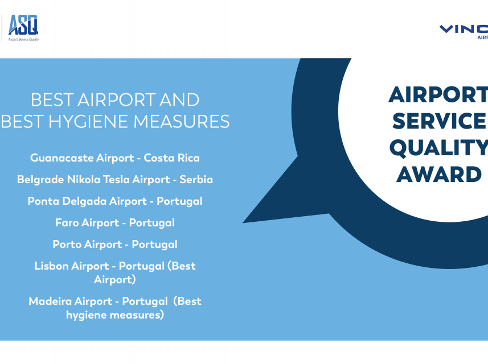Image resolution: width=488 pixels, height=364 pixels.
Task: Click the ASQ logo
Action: tap(23, 28)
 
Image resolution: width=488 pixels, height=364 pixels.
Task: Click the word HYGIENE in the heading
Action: tap(89, 121)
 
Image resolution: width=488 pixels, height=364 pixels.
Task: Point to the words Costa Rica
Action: tap(171, 158)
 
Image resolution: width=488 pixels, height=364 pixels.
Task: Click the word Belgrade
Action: tap(40, 180)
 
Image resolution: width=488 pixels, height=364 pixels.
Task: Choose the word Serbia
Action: tap(196, 179)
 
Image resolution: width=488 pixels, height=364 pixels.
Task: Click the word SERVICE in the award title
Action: tap(439, 121)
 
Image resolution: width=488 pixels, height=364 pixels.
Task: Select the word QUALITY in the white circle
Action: tap(438, 148)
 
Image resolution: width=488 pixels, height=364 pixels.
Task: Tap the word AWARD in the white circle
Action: tap(439, 175)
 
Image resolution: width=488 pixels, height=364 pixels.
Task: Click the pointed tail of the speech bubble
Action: tap(243, 222)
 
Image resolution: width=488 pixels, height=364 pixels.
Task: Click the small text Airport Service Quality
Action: tap(24, 39)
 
